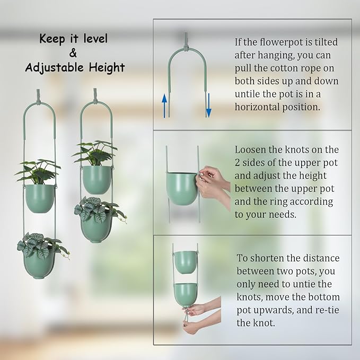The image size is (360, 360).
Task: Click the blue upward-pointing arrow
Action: pos(165,106)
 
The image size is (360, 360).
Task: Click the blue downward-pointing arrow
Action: pos(208,105)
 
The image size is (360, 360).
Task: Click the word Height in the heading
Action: pos(108,67)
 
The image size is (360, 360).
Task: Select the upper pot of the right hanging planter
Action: pos(96,179)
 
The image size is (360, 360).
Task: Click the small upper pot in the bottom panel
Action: pos(185,261)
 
